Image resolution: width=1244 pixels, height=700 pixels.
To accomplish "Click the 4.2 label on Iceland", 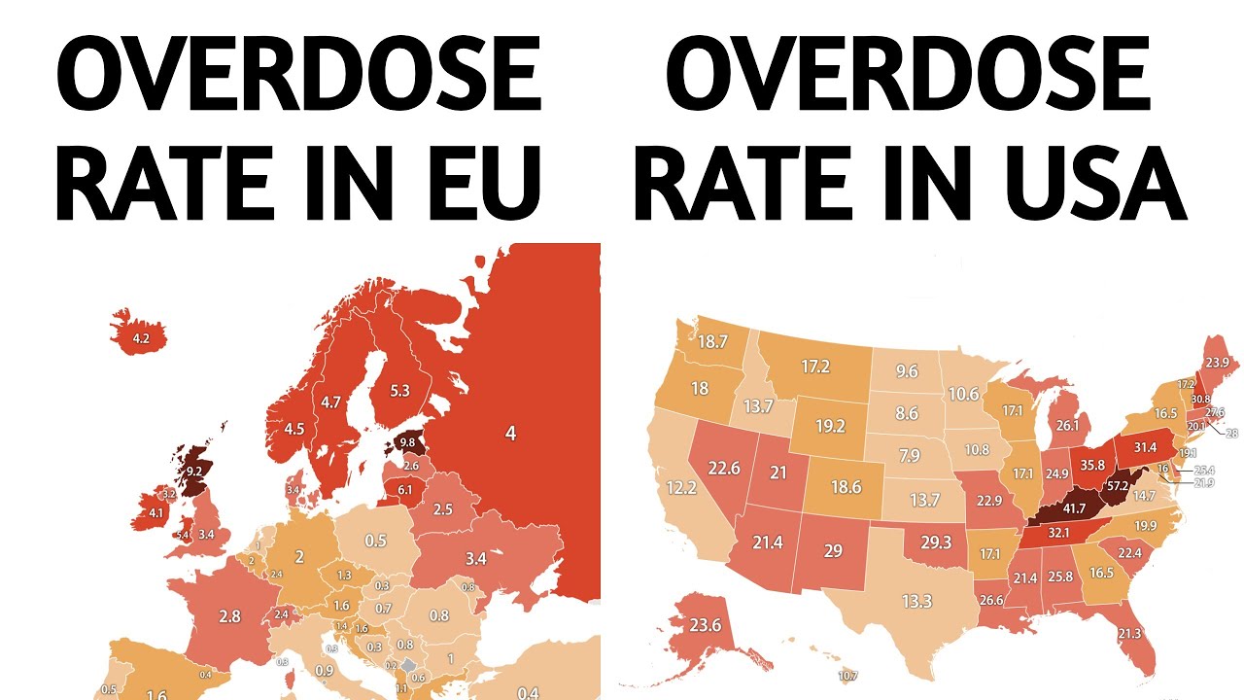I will [141, 339].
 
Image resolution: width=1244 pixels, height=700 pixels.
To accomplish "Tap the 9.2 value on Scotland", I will [193, 472].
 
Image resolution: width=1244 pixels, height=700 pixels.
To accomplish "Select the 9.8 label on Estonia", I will [407, 443].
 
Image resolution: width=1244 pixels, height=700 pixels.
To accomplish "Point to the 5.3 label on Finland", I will [399, 391].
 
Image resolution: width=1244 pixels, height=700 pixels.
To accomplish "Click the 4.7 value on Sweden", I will [330, 402].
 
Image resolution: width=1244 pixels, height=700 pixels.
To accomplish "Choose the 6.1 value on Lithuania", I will [404, 489].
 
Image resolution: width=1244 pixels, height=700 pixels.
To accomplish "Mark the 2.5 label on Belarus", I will [443, 508].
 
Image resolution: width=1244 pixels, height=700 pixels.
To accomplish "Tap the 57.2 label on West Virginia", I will [1117, 485].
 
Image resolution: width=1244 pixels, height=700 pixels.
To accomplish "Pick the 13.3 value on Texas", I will [916, 602].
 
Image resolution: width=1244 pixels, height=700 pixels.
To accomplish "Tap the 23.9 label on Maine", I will [1217, 361].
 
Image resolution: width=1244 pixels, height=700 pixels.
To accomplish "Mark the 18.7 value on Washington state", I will [712, 341].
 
